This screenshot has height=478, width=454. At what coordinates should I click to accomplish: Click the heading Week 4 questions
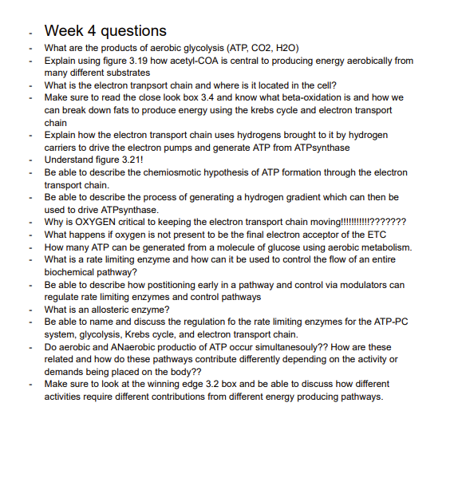point(105,31)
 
